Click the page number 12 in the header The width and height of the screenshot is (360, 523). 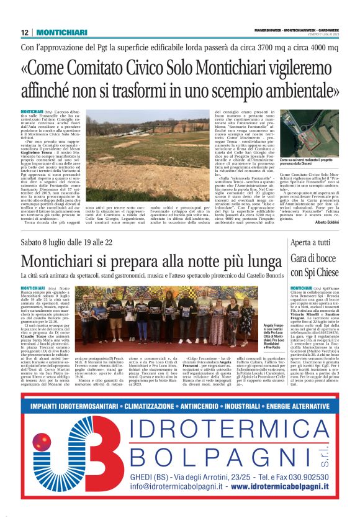coord(24,32)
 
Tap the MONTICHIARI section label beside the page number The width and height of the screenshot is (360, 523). coord(60,32)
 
